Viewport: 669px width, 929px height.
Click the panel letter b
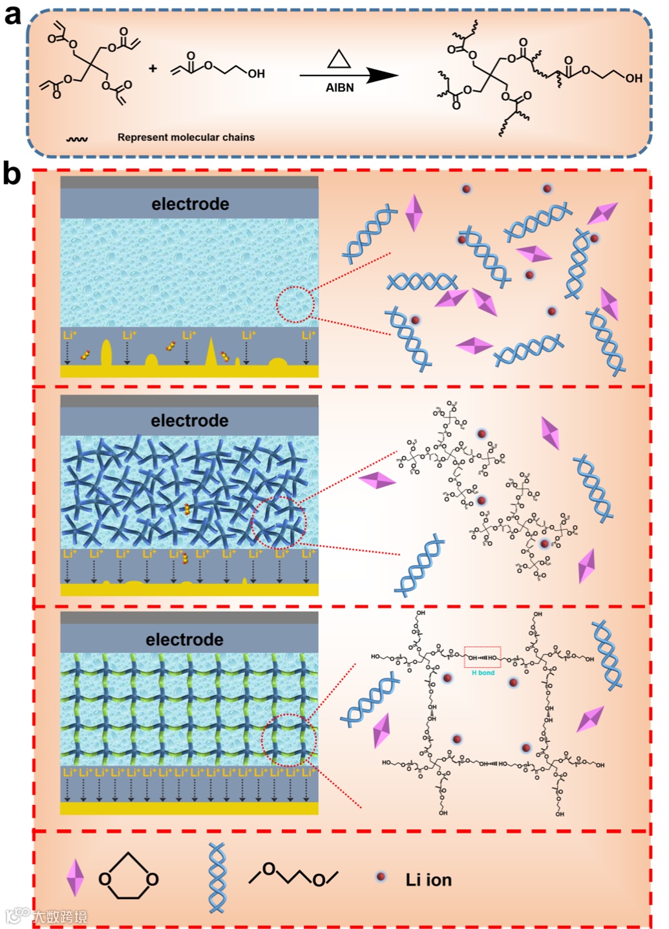(12, 174)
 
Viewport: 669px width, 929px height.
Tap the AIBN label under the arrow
(339, 88)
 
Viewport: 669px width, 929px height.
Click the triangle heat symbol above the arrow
(339, 60)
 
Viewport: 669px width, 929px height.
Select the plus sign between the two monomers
(153, 68)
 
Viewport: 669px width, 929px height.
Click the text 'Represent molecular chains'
(186, 137)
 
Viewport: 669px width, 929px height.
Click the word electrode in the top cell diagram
(190, 204)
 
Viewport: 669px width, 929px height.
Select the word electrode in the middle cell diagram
(189, 421)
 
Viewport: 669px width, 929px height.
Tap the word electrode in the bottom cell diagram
(184, 640)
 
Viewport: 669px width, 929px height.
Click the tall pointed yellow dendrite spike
(211, 353)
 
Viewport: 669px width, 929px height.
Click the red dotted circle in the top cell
(295, 304)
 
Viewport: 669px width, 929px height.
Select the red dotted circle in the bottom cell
(288, 740)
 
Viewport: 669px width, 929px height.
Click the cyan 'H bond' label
(483, 673)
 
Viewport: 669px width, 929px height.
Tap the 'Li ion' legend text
(428, 880)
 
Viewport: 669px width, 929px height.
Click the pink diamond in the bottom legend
(75, 877)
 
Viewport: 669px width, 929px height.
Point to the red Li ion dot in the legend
(381, 877)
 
